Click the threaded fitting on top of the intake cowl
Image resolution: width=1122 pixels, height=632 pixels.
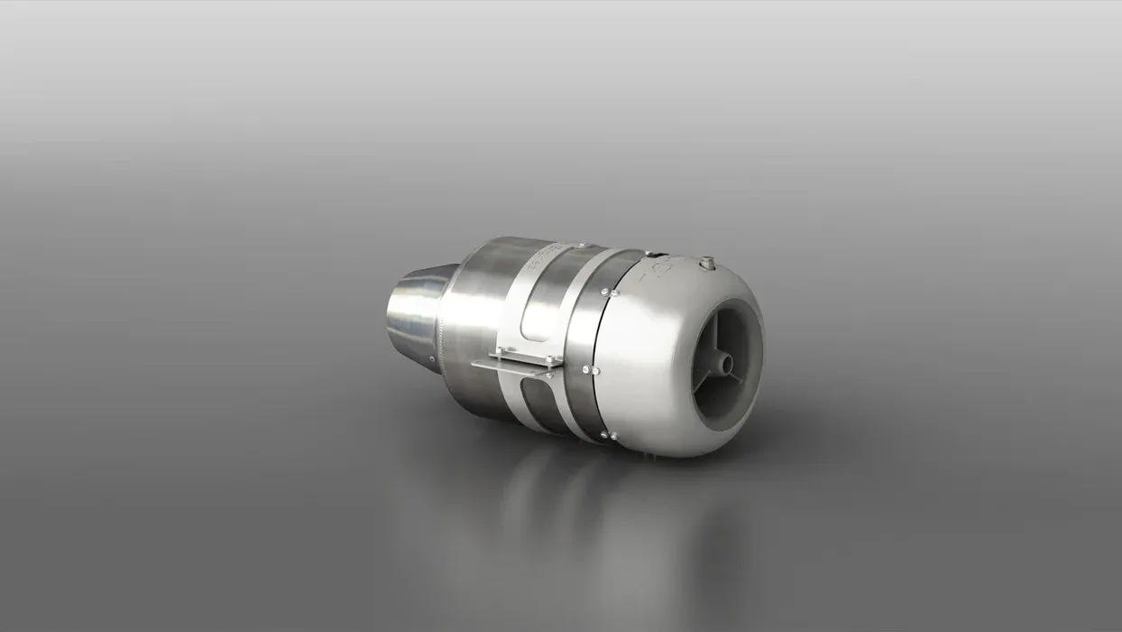tap(706, 263)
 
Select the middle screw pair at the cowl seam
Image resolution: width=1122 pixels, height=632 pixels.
tap(591, 369)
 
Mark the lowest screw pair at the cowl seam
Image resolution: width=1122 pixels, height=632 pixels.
tap(609, 436)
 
